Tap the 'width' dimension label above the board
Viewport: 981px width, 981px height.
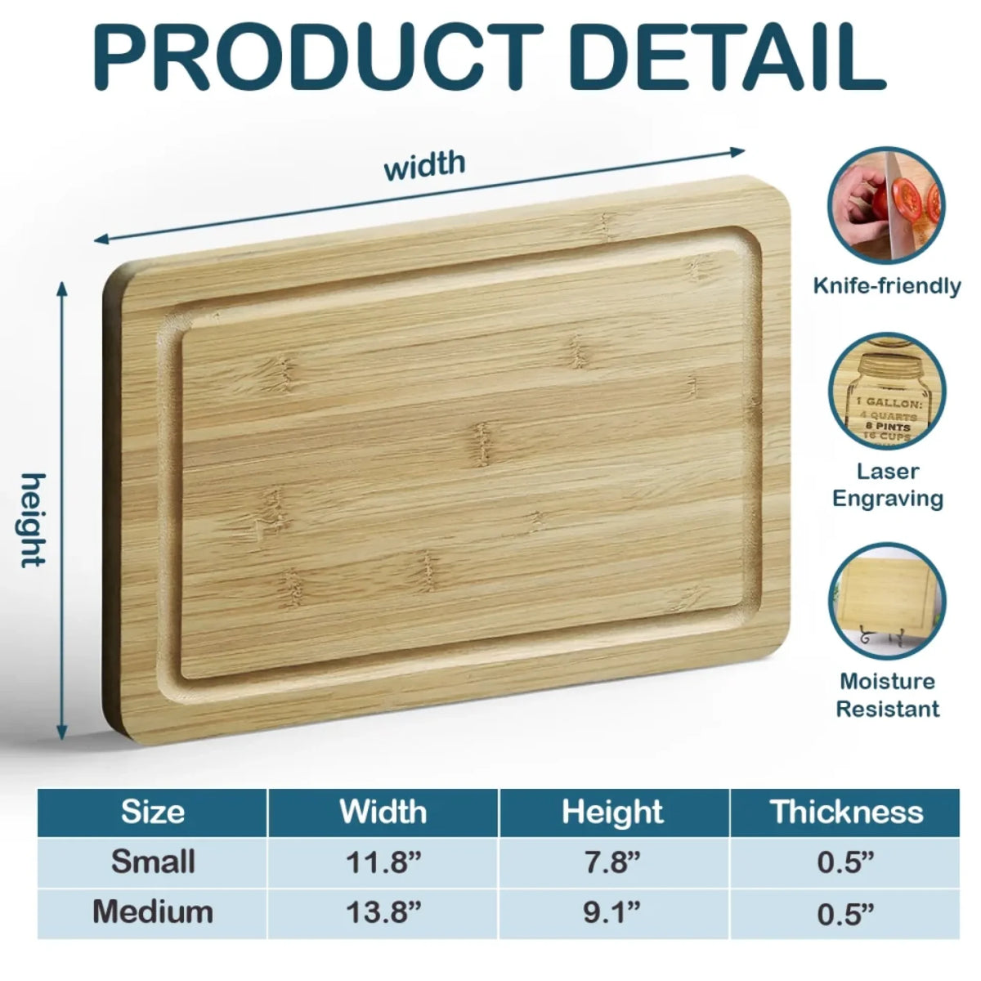pos(424,165)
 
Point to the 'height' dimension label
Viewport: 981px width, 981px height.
pos(34,520)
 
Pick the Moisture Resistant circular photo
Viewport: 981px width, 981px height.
pos(887,602)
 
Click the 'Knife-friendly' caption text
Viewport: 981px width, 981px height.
pos(887,286)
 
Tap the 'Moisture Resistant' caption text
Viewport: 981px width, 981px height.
pos(887,695)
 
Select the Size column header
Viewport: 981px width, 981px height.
pos(153,812)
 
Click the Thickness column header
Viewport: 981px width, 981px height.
pos(845,812)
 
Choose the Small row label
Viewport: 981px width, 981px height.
pos(153,862)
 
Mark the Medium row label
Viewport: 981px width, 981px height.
pos(153,912)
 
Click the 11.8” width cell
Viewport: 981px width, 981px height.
pos(383,862)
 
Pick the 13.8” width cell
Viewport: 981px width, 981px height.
pos(383,912)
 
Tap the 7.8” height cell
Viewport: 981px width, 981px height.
pos(613,862)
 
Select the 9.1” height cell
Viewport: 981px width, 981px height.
pos(613,912)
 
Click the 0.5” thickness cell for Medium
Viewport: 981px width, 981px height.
pos(845,912)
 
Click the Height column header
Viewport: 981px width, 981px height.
pos(613,812)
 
